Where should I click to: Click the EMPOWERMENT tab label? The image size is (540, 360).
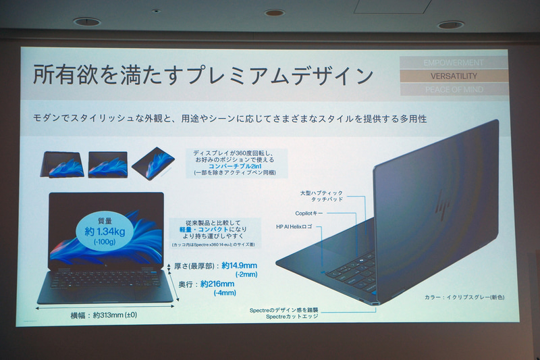coord(453,63)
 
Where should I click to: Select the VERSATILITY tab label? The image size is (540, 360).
coord(453,76)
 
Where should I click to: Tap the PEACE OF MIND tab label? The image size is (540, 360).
coord(453,89)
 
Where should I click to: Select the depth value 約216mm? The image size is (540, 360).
coord(217,284)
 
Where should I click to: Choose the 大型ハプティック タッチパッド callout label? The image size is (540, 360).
coord(323,197)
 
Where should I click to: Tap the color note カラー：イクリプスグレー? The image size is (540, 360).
coord(464,297)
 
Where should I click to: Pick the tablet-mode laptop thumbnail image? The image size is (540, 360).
coord(153,162)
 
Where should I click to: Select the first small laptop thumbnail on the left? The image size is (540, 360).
coord(63,165)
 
